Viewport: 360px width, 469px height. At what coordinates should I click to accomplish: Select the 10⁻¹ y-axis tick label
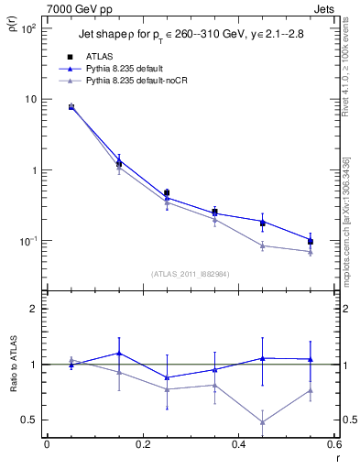coord(27,241)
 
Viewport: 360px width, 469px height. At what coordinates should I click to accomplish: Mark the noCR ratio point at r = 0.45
coord(263,422)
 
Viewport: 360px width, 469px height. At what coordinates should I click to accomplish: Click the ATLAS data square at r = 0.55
coord(311,242)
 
